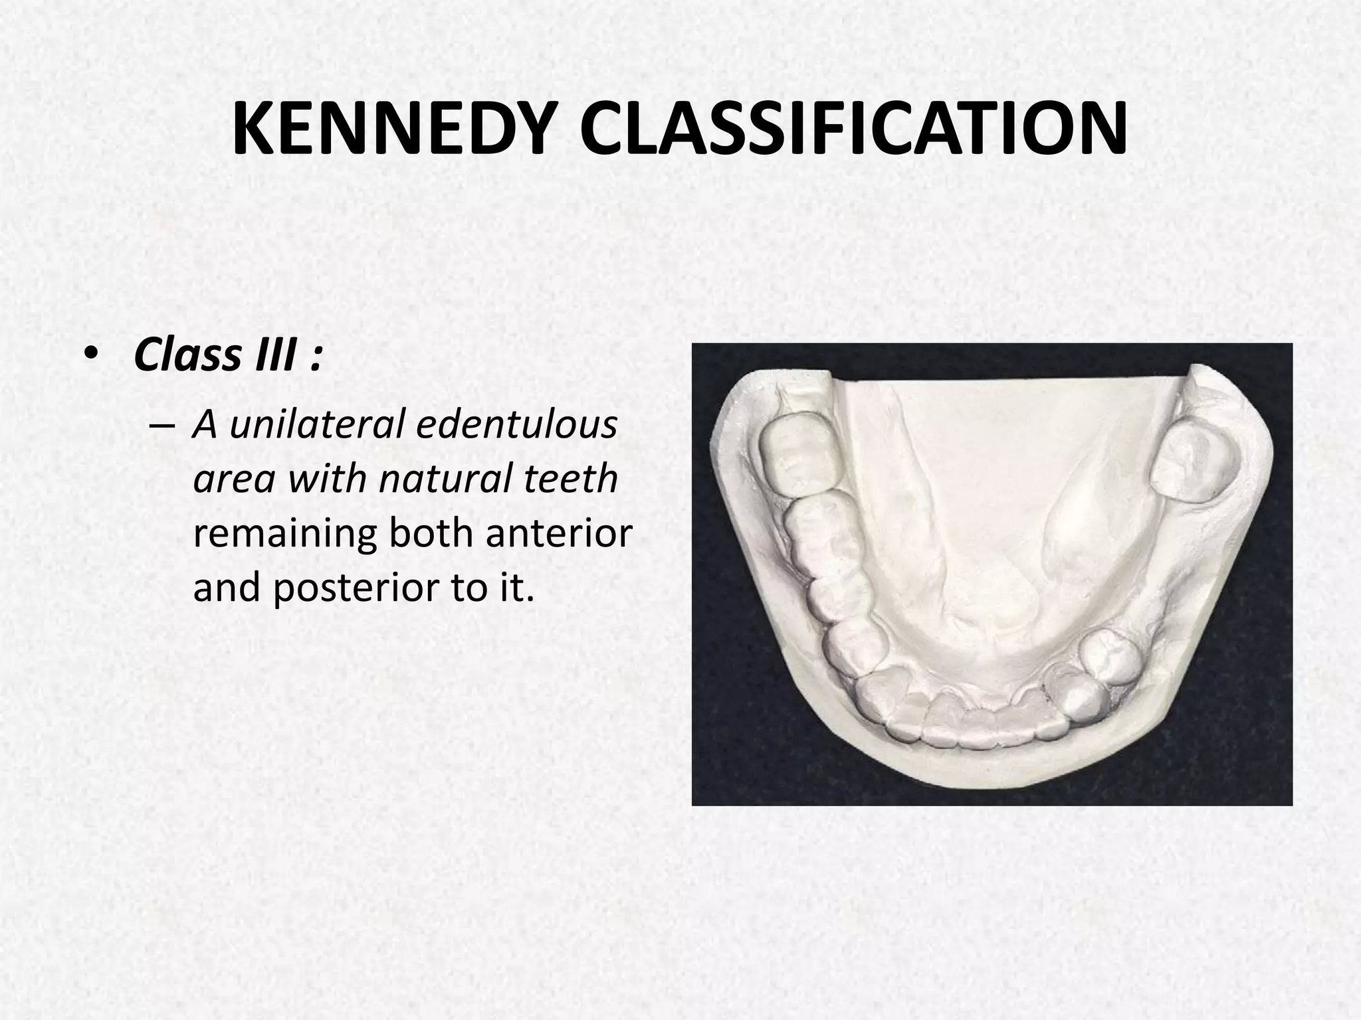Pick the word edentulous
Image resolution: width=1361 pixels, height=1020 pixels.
[x=516, y=425]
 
